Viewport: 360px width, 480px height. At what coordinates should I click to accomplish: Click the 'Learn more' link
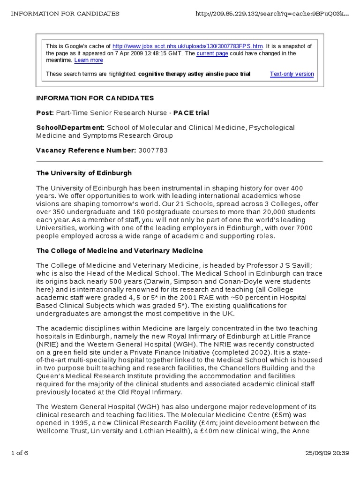click(x=89, y=60)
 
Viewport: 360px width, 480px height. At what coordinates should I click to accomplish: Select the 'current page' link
click(x=212, y=53)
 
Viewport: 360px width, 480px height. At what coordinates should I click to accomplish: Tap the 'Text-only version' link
click(x=292, y=74)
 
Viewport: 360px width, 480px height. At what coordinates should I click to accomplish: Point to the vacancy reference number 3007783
click(x=153, y=150)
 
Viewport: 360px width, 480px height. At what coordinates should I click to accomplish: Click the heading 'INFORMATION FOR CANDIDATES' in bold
click(x=95, y=98)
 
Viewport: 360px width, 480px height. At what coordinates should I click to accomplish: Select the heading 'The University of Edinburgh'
click(x=84, y=173)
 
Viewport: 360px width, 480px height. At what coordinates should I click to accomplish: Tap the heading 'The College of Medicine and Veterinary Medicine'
click(x=120, y=251)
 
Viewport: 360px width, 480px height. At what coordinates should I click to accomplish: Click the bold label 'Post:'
click(x=45, y=112)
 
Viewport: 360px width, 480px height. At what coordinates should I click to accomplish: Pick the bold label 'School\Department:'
click(x=70, y=127)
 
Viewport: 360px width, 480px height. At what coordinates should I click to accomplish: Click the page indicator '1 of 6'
click(x=20, y=454)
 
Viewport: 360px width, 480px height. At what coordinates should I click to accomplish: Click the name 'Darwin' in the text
click(x=159, y=281)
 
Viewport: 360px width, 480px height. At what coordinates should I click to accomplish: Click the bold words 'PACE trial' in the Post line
click(x=191, y=112)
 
